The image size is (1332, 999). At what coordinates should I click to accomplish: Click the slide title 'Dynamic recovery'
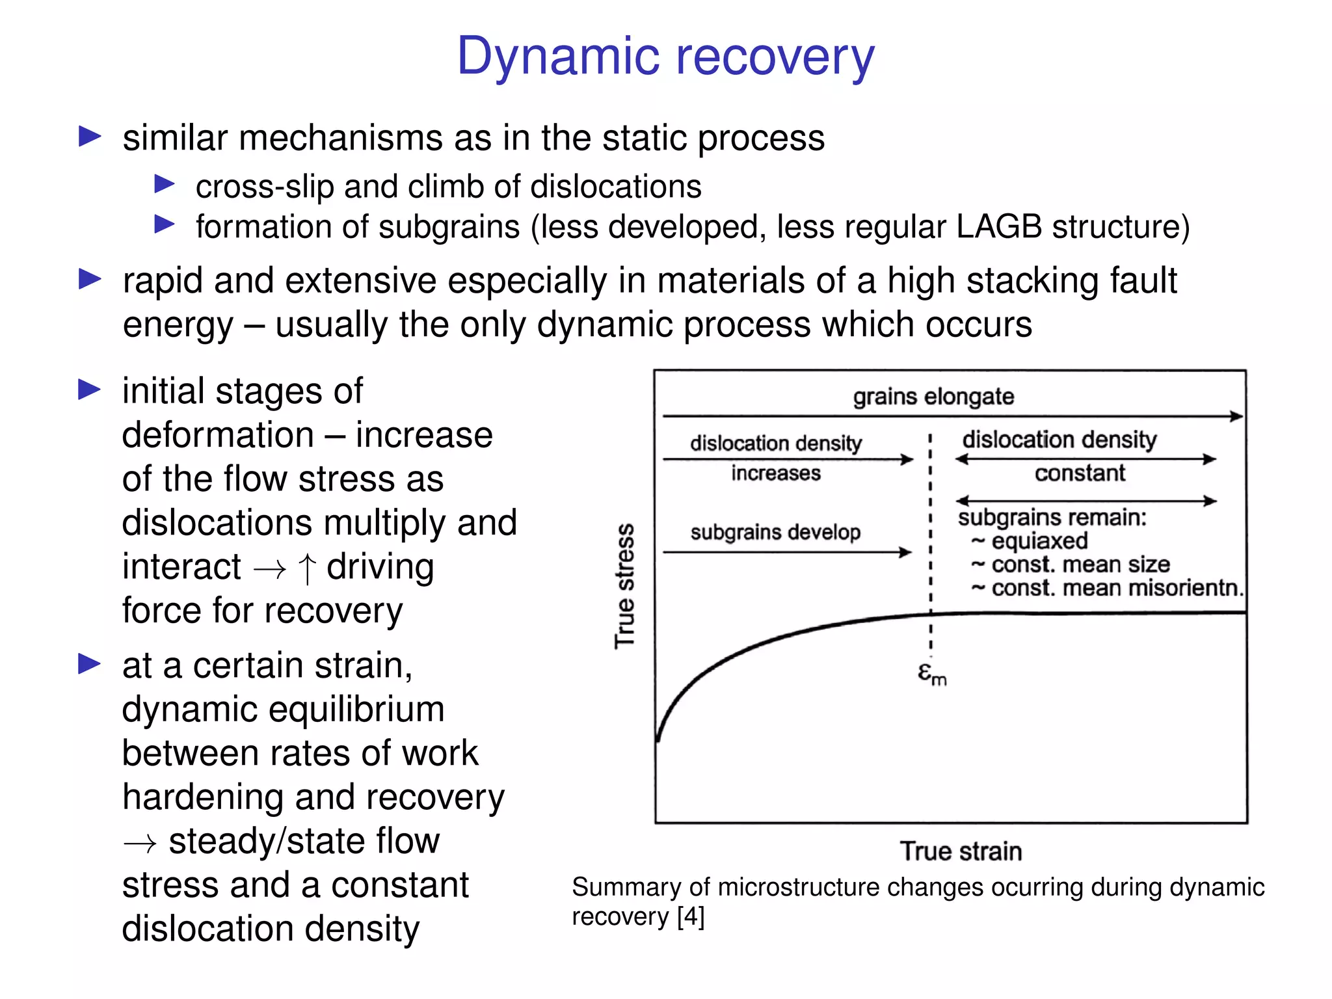[x=665, y=57]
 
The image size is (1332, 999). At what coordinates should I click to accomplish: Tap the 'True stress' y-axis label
[x=625, y=585]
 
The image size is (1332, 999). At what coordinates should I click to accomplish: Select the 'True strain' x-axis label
[x=961, y=851]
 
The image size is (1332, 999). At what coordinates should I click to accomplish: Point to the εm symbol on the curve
[x=931, y=674]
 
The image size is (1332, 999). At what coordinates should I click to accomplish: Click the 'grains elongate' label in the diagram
[x=933, y=396]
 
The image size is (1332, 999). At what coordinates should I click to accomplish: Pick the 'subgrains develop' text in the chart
[x=775, y=532]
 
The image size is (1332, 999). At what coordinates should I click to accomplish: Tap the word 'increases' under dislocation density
[x=775, y=473]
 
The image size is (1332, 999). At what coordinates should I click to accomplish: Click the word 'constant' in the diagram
[x=1080, y=473]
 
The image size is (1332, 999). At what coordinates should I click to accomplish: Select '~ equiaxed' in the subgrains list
[x=1030, y=541]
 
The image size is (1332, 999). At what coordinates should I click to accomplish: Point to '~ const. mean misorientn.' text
[x=1107, y=588]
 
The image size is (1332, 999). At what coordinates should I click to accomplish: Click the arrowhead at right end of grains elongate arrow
[x=1237, y=416]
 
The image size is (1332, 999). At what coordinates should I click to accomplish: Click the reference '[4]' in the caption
[x=690, y=916]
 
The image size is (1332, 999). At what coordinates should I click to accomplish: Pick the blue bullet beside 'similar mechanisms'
[x=90, y=137]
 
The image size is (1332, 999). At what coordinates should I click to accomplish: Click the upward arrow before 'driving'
[x=307, y=568]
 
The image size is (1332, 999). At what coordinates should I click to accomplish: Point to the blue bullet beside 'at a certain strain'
[x=90, y=664]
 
